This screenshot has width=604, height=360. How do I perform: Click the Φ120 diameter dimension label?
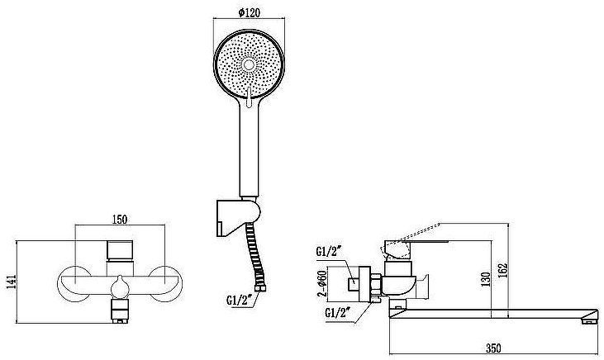pyautogui.click(x=249, y=12)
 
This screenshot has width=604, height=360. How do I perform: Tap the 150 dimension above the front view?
pyautogui.click(x=120, y=220)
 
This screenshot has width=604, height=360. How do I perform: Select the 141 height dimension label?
pyautogui.click(x=12, y=282)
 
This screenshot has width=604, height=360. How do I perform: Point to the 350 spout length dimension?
pyautogui.click(x=493, y=348)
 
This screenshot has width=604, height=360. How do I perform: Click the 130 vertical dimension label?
pyautogui.click(x=486, y=279)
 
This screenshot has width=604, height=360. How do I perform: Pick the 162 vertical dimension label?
pyautogui.click(x=503, y=270)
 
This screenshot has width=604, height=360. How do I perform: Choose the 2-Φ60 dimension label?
pyautogui.click(x=321, y=285)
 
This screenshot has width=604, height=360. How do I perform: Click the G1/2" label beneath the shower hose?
pyautogui.click(x=239, y=299)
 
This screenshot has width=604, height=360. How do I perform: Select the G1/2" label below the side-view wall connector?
pyautogui.click(x=339, y=311)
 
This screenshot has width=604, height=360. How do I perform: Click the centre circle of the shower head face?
pyautogui.click(x=249, y=64)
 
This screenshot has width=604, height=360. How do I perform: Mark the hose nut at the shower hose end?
pyautogui.click(x=260, y=287)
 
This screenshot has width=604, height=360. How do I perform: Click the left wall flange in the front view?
pyautogui.click(x=74, y=284)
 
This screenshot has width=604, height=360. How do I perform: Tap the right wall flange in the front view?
pyautogui.click(x=165, y=284)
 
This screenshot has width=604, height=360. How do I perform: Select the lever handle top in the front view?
pyautogui.click(x=120, y=250)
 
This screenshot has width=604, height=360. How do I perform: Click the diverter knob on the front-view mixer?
pyautogui.click(x=120, y=287)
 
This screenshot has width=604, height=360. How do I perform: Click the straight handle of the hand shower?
pyautogui.click(x=249, y=152)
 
